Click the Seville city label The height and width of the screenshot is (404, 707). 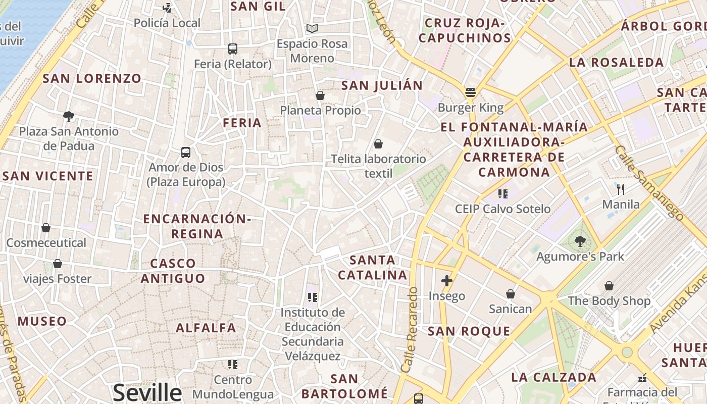[x=147, y=392]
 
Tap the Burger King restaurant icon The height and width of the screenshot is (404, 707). [x=471, y=92]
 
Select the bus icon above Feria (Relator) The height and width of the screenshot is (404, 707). [x=232, y=49]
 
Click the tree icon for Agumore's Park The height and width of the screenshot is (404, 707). [x=580, y=241]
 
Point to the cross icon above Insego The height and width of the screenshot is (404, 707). [x=446, y=281]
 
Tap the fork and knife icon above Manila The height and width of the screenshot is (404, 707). [x=621, y=189]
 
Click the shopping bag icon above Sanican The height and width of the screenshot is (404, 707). [x=510, y=294]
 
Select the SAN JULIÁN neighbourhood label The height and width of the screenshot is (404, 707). [x=382, y=85]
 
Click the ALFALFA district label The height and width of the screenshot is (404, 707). [x=206, y=328]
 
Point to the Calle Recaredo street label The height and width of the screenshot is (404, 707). [x=410, y=329]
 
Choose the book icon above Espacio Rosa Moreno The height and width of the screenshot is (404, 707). [x=312, y=29]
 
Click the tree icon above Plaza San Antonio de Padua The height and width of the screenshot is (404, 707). [x=69, y=117]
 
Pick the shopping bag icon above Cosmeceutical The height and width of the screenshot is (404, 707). [x=46, y=228]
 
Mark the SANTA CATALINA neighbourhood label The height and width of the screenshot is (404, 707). [x=373, y=268]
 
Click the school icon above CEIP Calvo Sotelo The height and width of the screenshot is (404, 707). [x=502, y=193]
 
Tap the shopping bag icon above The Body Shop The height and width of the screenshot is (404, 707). [x=609, y=286]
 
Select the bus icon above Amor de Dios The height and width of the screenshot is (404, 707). [x=186, y=152]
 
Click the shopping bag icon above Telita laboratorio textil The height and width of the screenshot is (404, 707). [x=378, y=144]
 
